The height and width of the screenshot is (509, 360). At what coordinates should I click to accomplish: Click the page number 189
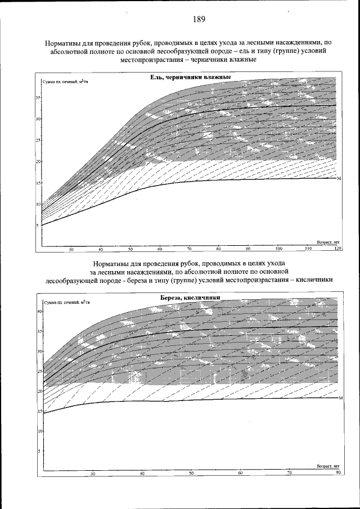[x=198, y=19]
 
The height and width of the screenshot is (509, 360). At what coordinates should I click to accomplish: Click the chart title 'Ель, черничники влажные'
[x=187, y=78]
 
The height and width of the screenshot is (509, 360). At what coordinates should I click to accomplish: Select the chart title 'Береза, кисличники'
[x=187, y=298]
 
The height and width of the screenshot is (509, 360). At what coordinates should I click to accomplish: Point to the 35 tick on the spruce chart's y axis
[x=38, y=98]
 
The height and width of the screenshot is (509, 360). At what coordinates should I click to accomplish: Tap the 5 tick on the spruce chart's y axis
[x=38, y=226]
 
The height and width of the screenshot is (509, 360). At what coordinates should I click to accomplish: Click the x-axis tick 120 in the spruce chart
[x=337, y=248]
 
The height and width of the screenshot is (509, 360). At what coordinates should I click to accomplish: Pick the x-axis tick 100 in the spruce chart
[x=278, y=248]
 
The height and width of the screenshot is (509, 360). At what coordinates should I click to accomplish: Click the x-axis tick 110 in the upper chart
[x=308, y=248]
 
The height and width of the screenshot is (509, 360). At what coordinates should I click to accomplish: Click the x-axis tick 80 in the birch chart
[x=338, y=472]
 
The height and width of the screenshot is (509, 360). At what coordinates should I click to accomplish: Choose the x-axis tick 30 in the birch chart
[x=93, y=474]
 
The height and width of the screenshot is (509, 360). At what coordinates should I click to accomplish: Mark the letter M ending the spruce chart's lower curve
[x=339, y=178]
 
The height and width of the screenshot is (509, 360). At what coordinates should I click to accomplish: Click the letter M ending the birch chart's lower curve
[x=341, y=398]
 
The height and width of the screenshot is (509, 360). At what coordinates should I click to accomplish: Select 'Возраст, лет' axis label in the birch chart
[x=328, y=466]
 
